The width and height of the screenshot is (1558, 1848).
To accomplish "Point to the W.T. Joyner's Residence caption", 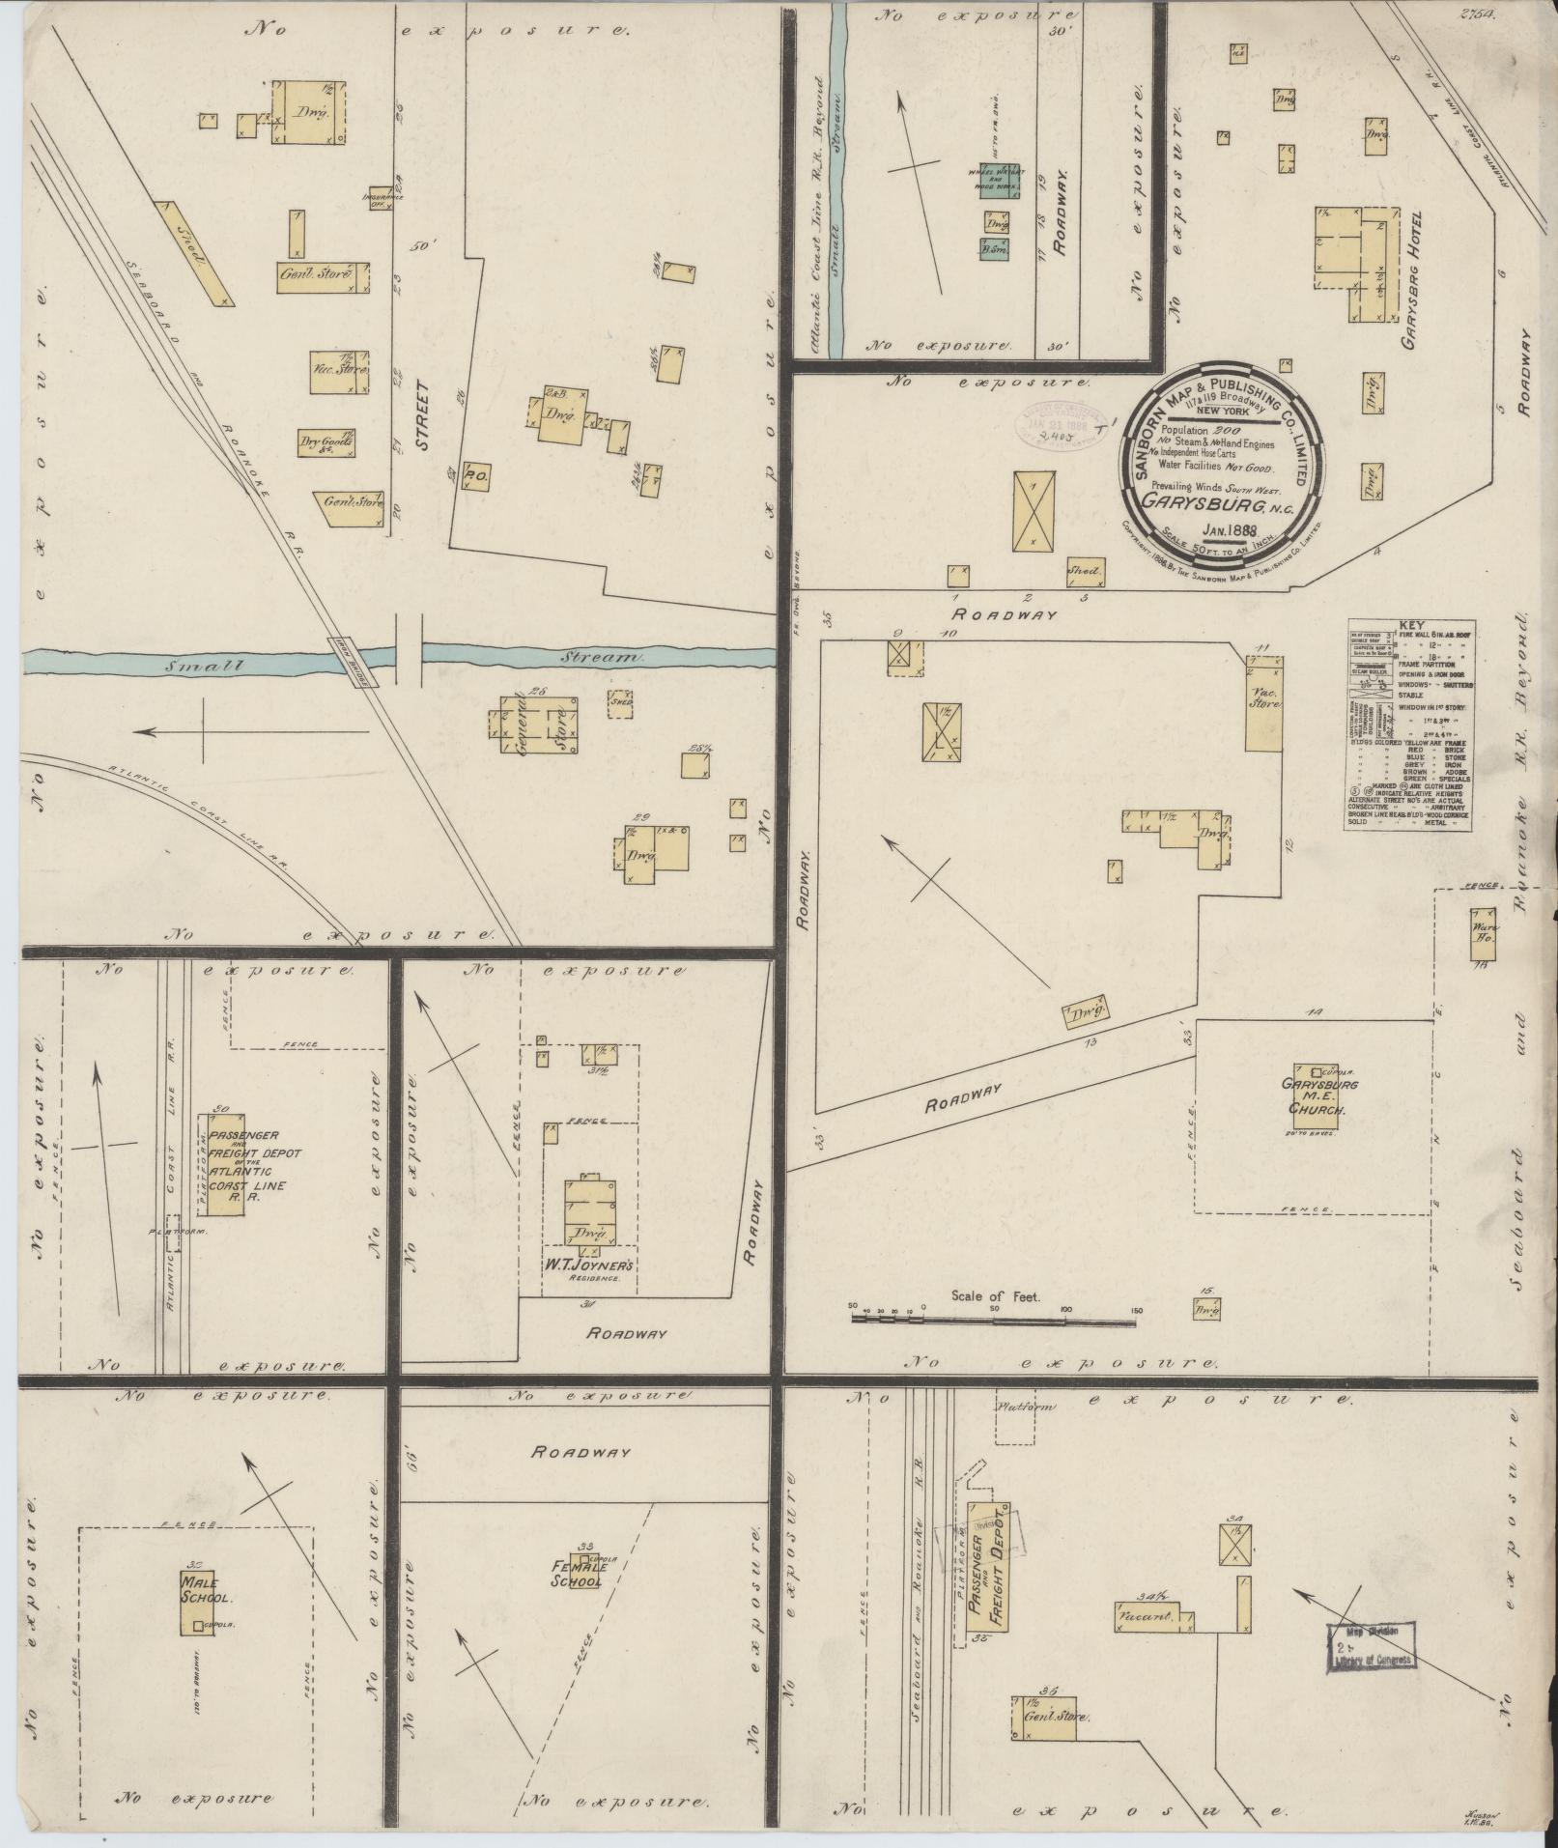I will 588,1265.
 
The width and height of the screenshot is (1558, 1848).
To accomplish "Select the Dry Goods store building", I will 326,441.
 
